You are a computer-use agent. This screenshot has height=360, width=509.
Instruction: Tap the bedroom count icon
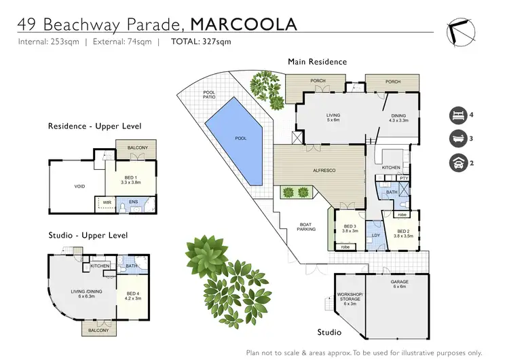pyautogui.click(x=457, y=115)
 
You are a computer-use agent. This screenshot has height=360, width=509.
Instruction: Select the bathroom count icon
pyautogui.click(x=457, y=139)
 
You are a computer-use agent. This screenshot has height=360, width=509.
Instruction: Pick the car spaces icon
pyautogui.click(x=457, y=163)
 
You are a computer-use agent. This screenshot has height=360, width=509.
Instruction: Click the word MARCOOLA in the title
pyautogui.click(x=244, y=24)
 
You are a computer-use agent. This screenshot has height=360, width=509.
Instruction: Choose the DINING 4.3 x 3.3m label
pyautogui.click(x=398, y=118)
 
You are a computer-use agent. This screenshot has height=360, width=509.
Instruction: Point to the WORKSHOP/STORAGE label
pyautogui.click(x=350, y=298)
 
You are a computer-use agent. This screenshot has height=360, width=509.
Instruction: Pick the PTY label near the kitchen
pyautogui.click(x=403, y=178)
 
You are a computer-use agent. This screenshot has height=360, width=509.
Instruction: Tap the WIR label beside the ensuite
pyautogui.click(x=107, y=202)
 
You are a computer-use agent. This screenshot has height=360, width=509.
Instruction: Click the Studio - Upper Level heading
pyautogui.click(x=88, y=235)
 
